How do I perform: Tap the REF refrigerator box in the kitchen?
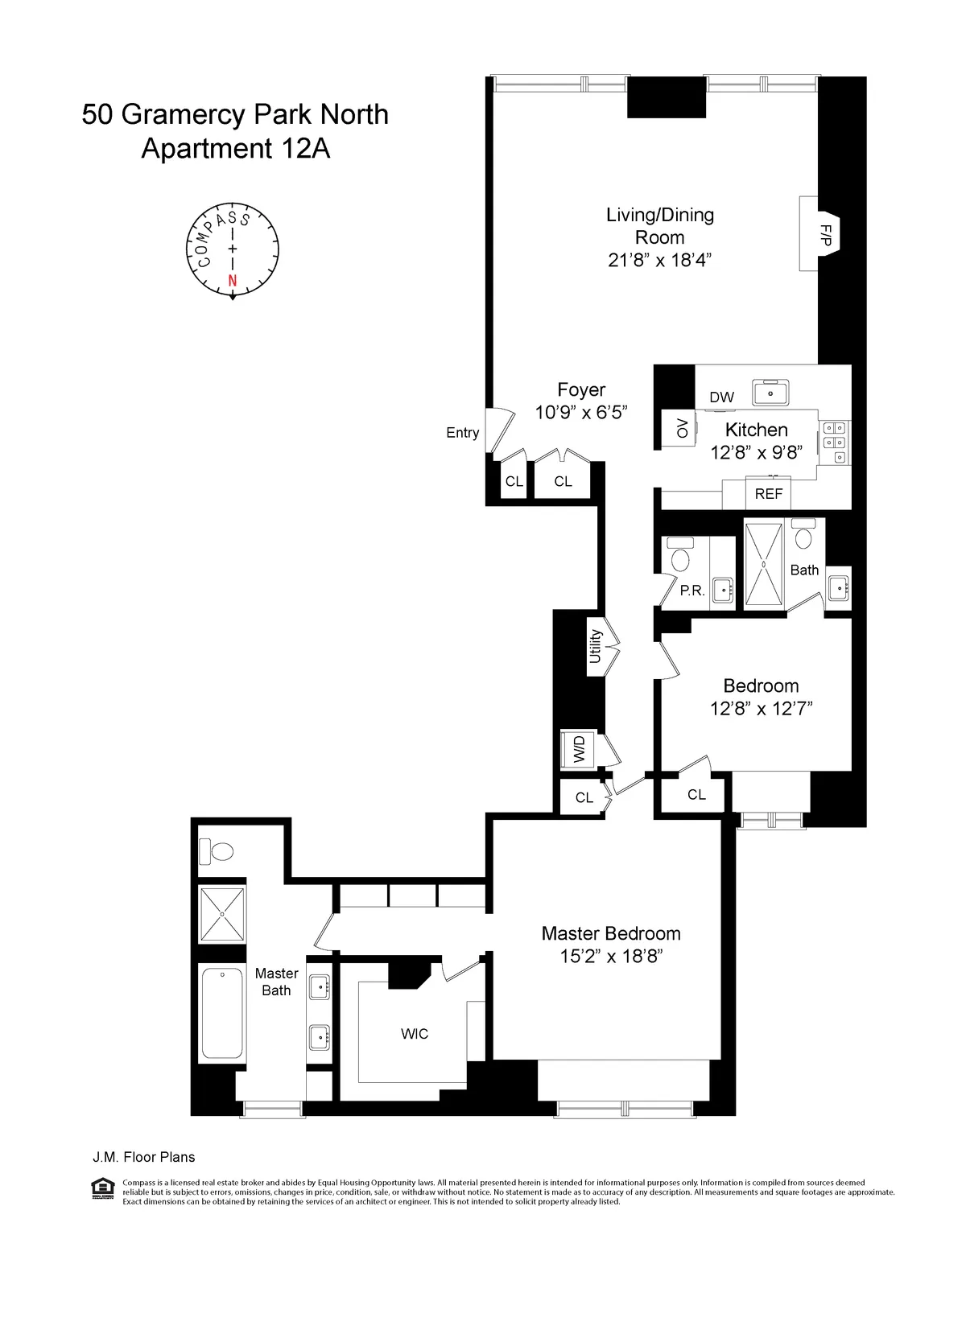[x=769, y=493]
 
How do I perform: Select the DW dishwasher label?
[x=721, y=397]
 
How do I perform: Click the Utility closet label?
[x=595, y=646]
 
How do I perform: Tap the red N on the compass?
[x=233, y=281]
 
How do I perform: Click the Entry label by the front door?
[x=462, y=433]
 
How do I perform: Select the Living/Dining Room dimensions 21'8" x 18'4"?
[x=660, y=260]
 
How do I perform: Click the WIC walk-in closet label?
[x=415, y=1034]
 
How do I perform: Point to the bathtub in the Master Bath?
[x=221, y=1014]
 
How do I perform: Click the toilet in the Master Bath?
[x=217, y=850]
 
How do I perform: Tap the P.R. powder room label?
[x=692, y=591]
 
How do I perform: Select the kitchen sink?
[x=771, y=393]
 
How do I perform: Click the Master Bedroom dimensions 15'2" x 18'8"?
[x=611, y=957]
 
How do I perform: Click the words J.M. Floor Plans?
[x=143, y=1157]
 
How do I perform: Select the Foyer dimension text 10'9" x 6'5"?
[x=581, y=413]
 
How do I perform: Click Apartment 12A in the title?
[x=235, y=149]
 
